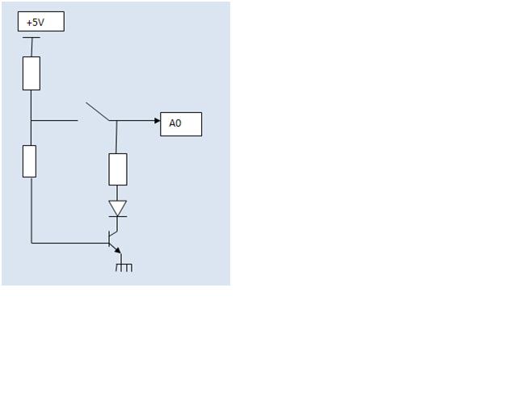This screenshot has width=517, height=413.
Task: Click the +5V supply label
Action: [x=40, y=22]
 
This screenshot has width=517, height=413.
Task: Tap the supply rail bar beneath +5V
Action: [x=32, y=38]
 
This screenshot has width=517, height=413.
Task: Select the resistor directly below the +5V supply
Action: [x=32, y=73]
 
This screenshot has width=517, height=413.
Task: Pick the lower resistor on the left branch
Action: [x=30, y=161]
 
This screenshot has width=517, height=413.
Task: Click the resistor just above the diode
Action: [x=118, y=169]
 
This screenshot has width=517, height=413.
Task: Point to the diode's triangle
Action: [x=118, y=207]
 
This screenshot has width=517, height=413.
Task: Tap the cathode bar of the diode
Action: [x=118, y=216]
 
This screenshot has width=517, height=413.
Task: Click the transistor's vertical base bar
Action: [x=110, y=241]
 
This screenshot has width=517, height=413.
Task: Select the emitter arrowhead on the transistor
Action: [x=118, y=250]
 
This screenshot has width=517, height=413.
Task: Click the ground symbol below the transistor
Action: [x=124, y=266]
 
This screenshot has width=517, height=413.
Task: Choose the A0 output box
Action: [x=181, y=123]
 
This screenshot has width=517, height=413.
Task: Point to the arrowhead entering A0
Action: [x=157, y=121]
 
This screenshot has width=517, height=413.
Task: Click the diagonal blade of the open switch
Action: [x=98, y=112]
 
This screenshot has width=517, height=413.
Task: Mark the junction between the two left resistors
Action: [x=32, y=121]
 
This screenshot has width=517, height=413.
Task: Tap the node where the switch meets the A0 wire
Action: [x=116, y=121]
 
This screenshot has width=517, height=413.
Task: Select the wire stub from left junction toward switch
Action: [x=55, y=121]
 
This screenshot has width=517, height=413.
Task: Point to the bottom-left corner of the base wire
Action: [x=32, y=242]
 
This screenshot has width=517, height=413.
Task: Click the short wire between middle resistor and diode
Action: [x=118, y=193]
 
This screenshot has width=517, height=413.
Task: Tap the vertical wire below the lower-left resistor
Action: [x=32, y=210]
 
